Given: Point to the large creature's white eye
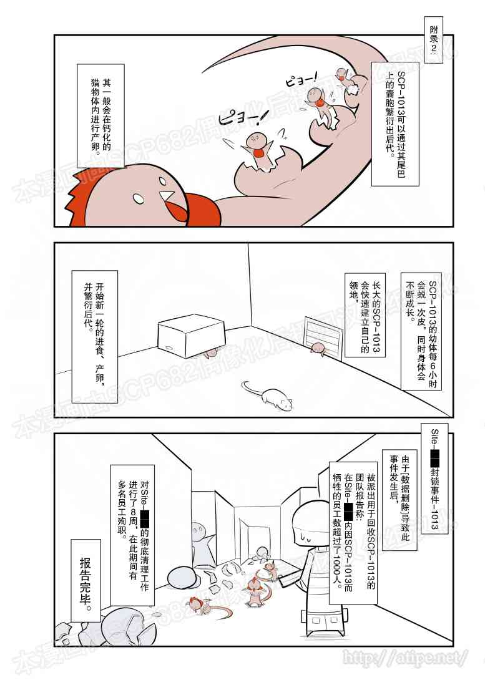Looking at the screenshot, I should pyautogui.click(x=139, y=198).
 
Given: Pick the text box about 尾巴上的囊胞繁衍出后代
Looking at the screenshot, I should pyautogui.click(x=393, y=122).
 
